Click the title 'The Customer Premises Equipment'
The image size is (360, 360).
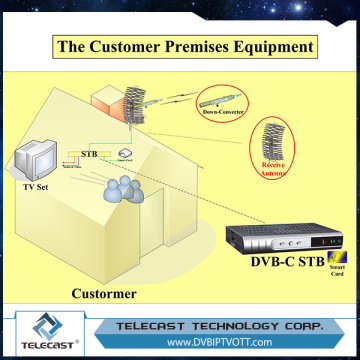click(180, 46)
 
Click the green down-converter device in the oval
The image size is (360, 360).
click(225, 98)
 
